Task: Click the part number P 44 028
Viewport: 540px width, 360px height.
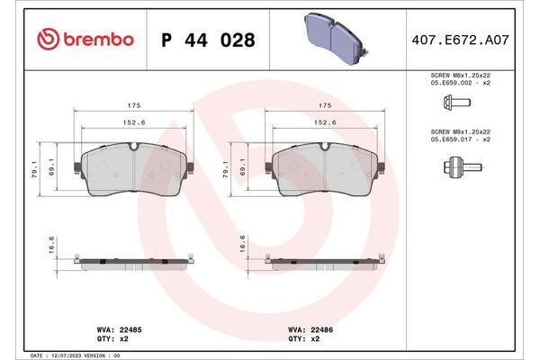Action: pyautogui.click(x=207, y=40)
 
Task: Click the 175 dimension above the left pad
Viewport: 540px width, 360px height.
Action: pyautogui.click(x=131, y=104)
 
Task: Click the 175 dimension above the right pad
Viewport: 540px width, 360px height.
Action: pyautogui.click(x=325, y=104)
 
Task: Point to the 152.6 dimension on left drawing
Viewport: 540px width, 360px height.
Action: pyautogui.click(x=131, y=123)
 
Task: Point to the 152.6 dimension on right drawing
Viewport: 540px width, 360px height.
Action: pyautogui.click(x=325, y=123)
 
